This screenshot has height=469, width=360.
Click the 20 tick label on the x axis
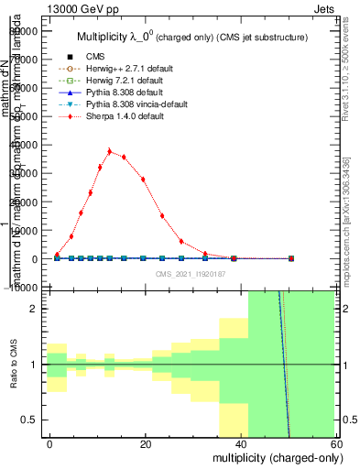[x=146, y=443]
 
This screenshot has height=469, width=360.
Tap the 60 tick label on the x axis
[x=335, y=443]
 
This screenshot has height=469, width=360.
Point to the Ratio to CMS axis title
[x=13, y=365]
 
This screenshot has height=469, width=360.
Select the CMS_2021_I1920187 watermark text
[x=190, y=273]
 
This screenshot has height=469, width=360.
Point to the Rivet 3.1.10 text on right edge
[x=352, y=73]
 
